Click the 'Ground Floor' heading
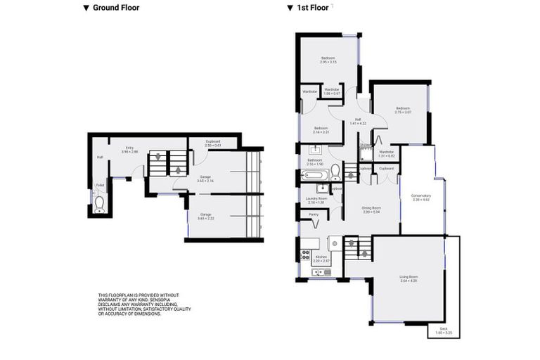pos(115,8)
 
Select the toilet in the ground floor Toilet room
pos(100,203)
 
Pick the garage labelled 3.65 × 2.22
pos(205,216)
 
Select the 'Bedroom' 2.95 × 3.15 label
pos(328,60)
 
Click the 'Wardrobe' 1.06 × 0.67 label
pos(332,91)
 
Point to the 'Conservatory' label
pos(420,198)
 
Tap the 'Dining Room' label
pos(371,210)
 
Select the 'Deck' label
pos(443,330)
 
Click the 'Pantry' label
pos(313,214)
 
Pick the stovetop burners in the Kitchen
pos(305,255)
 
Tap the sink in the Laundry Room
pos(322,189)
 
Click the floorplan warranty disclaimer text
pos(144,304)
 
